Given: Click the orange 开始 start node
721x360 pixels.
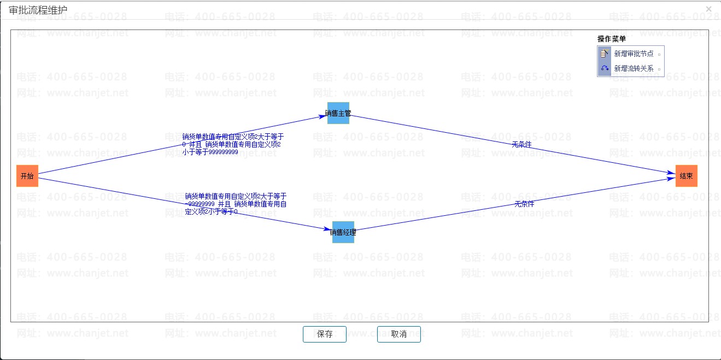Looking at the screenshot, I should [x=27, y=176].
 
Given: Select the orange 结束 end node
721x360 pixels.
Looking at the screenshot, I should [x=686, y=176].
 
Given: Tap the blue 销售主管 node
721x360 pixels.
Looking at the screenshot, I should [x=338, y=114].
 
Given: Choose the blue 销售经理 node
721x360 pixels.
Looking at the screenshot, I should [x=343, y=232].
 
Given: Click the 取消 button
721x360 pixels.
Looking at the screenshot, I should [x=398, y=334].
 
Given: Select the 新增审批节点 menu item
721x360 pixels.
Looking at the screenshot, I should [x=634, y=54].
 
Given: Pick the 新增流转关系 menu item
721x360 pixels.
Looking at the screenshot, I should [x=634, y=69].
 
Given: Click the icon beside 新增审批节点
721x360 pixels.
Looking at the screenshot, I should [x=605, y=54].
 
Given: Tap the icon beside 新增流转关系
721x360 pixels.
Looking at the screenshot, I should [x=605, y=69].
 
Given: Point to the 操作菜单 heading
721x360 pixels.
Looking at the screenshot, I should [x=611, y=39].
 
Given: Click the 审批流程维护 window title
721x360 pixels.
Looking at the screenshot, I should [x=38, y=9].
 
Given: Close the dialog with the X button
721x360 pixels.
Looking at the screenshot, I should [x=709, y=9].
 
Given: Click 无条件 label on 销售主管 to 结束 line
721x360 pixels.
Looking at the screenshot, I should [x=521, y=145].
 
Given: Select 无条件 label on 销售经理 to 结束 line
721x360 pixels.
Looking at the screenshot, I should [x=524, y=204].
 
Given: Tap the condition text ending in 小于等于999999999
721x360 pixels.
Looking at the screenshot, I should [x=232, y=144].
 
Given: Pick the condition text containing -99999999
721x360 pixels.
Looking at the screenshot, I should [x=236, y=203].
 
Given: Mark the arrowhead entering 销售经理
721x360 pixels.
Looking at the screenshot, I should [x=329, y=230].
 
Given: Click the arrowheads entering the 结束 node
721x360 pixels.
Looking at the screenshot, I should [x=671, y=175].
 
